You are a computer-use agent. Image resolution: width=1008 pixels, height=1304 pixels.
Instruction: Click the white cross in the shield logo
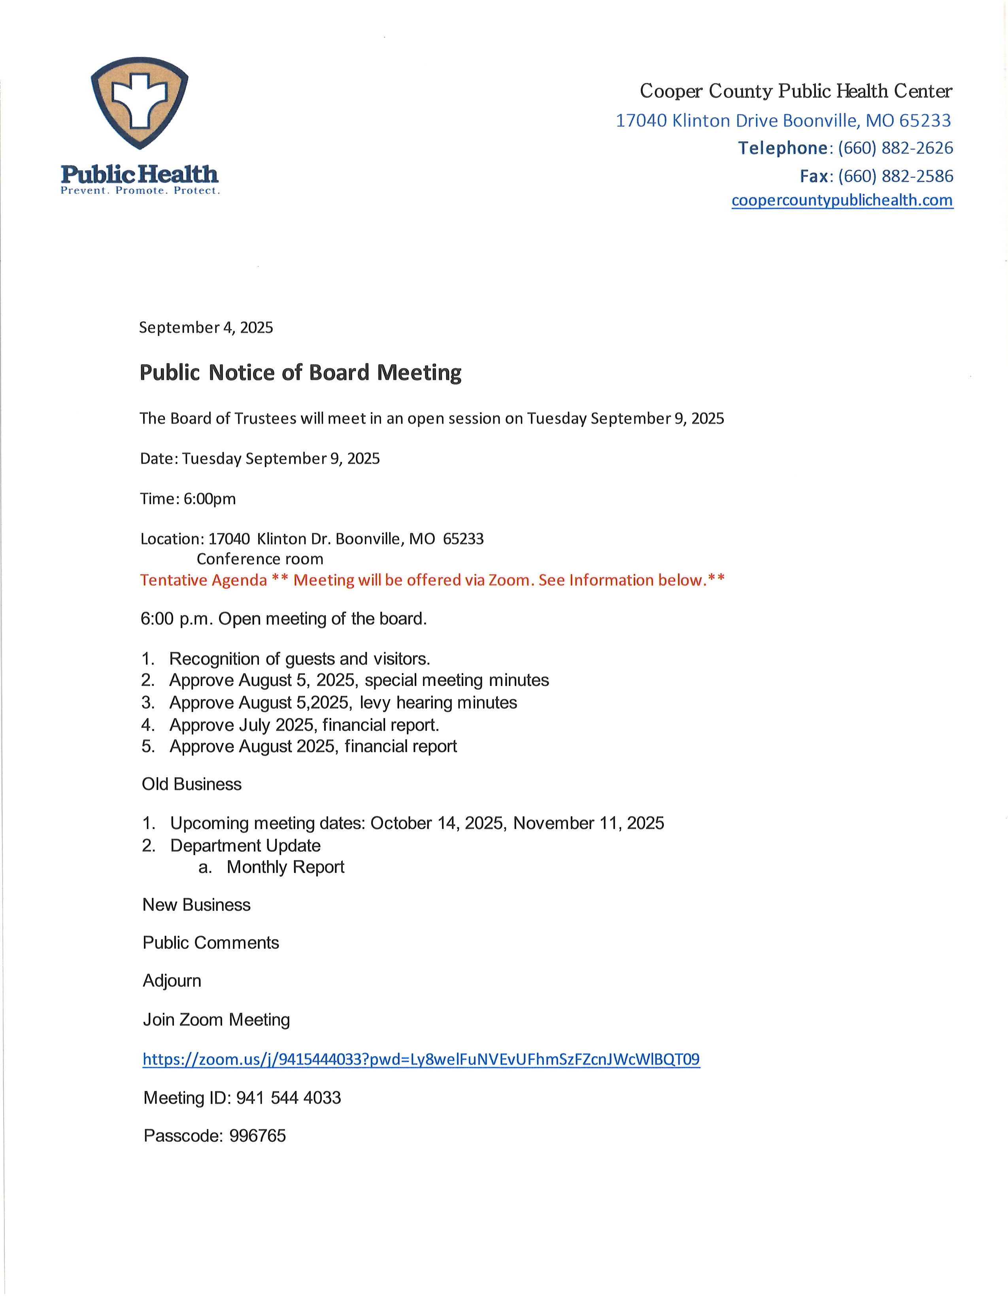(x=139, y=99)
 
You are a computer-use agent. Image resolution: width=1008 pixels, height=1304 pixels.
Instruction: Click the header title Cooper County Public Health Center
(x=795, y=91)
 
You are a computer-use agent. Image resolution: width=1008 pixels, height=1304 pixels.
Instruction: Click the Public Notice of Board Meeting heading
(x=300, y=373)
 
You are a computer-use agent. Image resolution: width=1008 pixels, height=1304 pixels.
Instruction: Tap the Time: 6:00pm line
(x=188, y=499)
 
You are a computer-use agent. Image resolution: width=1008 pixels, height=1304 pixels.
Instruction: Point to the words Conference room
(x=260, y=559)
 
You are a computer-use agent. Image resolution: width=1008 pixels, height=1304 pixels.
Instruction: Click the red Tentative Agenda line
(x=432, y=580)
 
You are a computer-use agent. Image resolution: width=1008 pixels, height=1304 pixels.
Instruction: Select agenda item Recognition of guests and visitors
(x=299, y=659)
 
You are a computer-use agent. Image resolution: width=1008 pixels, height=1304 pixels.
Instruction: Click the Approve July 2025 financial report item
(x=304, y=725)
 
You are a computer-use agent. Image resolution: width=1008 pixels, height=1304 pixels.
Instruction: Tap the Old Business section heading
(x=192, y=784)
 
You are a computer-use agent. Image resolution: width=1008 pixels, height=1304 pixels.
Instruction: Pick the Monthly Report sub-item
(x=285, y=867)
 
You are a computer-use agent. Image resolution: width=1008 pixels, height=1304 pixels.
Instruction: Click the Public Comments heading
(x=211, y=943)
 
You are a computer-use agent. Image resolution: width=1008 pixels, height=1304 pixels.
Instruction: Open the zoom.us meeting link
(x=421, y=1059)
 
